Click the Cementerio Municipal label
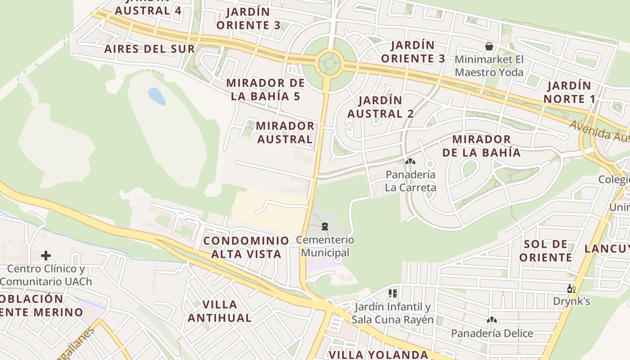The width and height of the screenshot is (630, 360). [x=325, y=246]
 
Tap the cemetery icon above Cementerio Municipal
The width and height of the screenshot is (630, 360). [x=325, y=226]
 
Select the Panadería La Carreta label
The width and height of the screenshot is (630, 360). [x=410, y=181]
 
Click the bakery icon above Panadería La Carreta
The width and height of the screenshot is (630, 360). [x=410, y=161]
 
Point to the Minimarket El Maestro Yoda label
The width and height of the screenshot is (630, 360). [x=489, y=66]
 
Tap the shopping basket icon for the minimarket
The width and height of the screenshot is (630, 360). [x=489, y=46]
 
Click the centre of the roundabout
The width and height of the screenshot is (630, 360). [x=330, y=63]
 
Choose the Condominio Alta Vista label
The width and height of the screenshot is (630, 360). [x=246, y=247]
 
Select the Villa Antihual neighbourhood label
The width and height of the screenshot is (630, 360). [x=220, y=311]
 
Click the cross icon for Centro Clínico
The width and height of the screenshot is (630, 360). [x=46, y=256]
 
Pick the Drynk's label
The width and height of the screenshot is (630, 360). [x=571, y=301]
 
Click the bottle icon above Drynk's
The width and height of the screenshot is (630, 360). [x=571, y=289]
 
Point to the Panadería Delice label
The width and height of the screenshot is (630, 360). [x=492, y=333]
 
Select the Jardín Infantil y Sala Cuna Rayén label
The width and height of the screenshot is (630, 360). [x=392, y=313]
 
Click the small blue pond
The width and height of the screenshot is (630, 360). [x=157, y=96]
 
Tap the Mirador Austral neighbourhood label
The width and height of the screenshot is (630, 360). [x=285, y=132]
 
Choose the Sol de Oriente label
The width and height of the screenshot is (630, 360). [x=546, y=251]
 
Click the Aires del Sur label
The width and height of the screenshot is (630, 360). [x=149, y=49]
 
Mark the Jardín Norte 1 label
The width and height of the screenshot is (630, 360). [x=569, y=92]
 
